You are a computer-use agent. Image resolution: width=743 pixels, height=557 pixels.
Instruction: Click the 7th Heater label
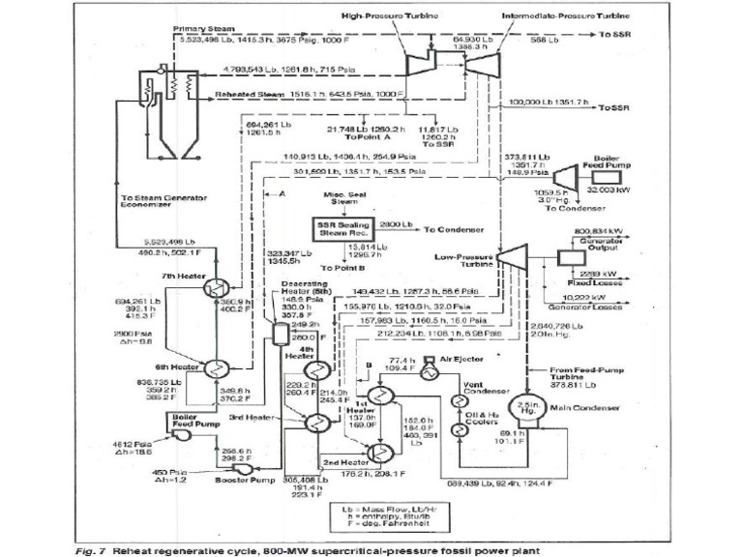pyautogui.click(x=184, y=277)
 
